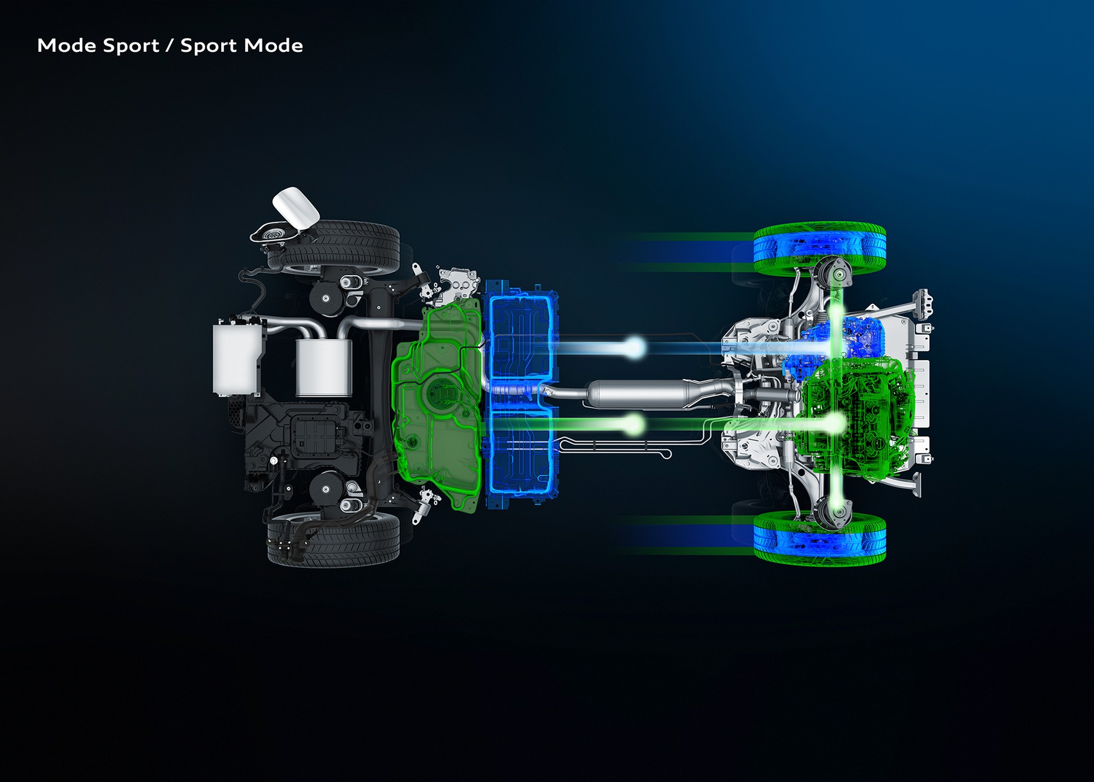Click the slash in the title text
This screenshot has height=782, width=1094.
(x=169, y=46)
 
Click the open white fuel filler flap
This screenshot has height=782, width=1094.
(x=296, y=207)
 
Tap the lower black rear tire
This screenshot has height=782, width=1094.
(x=333, y=539)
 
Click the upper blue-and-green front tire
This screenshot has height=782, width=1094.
(x=819, y=248)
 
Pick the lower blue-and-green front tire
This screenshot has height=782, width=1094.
(x=819, y=538)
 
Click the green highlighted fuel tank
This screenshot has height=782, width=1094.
(x=438, y=407)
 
